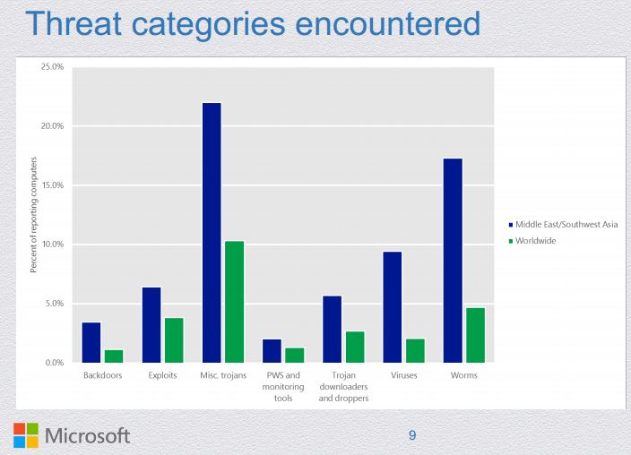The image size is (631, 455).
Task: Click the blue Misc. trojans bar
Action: pos(212,233)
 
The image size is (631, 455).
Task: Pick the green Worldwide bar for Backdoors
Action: pos(114,356)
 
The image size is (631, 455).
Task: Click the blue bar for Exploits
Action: pos(152,324)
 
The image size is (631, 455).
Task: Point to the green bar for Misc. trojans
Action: pos(235,302)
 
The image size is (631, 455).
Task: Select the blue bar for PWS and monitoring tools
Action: pos(272,351)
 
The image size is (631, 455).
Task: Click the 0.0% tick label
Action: pos(55,363)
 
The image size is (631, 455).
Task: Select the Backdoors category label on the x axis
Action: pos(102,375)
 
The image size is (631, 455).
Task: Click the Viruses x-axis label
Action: pos(404,375)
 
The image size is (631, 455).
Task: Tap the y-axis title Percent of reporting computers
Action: pos(34,215)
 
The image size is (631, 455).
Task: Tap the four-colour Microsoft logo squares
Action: pos(26,435)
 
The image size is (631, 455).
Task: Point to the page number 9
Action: pos(412,436)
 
